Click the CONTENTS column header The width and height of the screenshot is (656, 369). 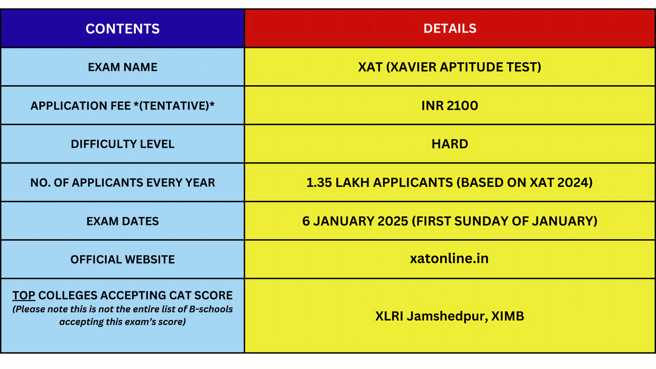click(123, 29)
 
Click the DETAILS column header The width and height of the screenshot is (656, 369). click(450, 28)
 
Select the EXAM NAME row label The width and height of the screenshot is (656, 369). click(123, 67)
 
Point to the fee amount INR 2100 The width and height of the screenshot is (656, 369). click(449, 105)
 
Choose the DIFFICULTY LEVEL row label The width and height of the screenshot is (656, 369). click(123, 144)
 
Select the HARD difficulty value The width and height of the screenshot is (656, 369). click(450, 144)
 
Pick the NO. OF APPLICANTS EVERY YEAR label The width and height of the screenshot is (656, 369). click(123, 182)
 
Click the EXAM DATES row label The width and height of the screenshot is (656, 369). click(123, 221)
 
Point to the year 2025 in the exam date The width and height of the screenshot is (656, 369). click(393, 221)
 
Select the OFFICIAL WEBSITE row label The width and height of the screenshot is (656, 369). click(123, 260)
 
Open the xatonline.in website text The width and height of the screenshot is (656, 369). click(449, 258)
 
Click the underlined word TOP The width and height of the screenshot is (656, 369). click(24, 296)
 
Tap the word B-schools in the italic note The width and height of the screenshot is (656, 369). click(211, 309)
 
